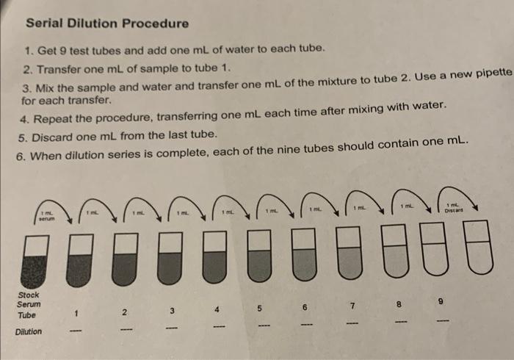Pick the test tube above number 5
(x=258, y=256)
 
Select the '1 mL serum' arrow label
(x=48, y=216)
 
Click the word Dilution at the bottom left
(x=29, y=331)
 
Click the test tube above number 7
(x=348, y=253)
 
